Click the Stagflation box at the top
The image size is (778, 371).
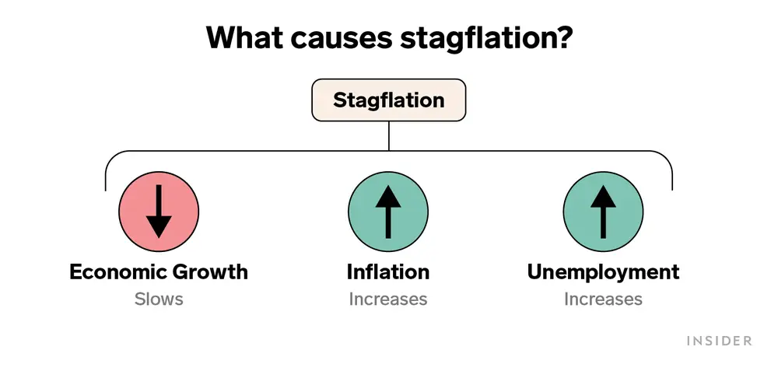[388, 100]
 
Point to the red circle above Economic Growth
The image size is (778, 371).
[159, 212]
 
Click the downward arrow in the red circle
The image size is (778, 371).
[159, 212]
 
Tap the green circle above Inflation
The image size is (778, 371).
[388, 212]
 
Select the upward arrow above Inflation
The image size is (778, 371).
[388, 212]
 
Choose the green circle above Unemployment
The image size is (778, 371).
[604, 212]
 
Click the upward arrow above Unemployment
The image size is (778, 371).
[604, 212]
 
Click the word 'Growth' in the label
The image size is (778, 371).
[209, 272]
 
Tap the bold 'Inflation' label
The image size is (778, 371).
[388, 272]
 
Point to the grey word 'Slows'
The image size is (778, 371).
[159, 299]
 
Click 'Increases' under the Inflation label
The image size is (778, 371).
[388, 299]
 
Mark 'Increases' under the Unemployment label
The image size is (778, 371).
[604, 299]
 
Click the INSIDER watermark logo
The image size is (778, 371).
[720, 341]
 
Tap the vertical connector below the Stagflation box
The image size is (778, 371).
[388, 136]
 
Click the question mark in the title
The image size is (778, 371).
[563, 37]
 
